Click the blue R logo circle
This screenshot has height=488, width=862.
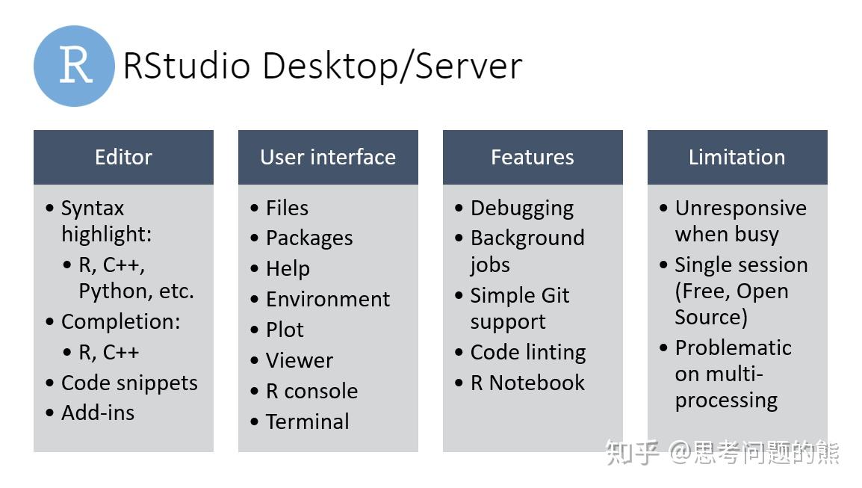coord(75,66)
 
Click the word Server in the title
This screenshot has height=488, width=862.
coord(468,66)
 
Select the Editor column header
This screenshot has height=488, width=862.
coord(123,157)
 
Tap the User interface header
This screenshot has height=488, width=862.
coord(328,157)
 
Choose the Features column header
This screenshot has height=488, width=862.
coord(533,157)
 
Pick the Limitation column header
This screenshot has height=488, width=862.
coord(737,157)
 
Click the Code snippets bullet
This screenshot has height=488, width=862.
coord(129,383)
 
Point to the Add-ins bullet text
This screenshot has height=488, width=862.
coord(98,413)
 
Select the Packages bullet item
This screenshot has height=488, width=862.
coord(309,238)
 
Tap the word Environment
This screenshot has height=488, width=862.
coord(328,299)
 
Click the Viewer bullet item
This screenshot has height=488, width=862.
coord(300,360)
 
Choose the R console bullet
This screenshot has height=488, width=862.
coord(311,391)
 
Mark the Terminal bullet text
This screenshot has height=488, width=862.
coord(308,421)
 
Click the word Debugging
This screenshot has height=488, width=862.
coord(522,209)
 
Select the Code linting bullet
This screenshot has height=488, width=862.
coord(528,352)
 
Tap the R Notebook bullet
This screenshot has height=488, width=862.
coord(527,383)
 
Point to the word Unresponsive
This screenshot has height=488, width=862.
coord(741,208)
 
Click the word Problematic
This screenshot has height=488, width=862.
coord(734,348)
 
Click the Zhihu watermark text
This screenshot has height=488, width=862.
coord(722,452)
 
